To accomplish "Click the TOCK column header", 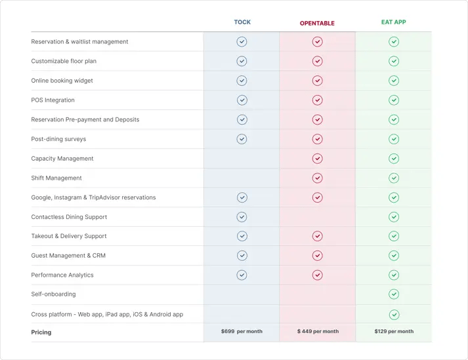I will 242,22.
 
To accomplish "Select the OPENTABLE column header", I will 317,24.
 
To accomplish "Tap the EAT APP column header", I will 394,22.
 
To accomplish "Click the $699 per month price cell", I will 242,332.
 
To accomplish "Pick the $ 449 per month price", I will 318,332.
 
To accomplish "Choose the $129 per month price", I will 394,332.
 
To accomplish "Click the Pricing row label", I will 41,332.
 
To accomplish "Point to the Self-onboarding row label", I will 53,294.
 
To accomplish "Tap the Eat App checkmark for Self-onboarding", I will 394,294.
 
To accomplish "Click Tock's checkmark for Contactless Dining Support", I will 242,217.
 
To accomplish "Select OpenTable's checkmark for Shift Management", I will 318,178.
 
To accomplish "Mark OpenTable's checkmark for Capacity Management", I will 318,159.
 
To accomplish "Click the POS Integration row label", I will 53,100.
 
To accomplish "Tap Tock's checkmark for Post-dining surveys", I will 242,139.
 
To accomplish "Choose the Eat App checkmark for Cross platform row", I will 394,315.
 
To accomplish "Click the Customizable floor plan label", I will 63,62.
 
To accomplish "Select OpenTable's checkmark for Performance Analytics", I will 318,275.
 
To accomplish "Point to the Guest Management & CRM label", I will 68,256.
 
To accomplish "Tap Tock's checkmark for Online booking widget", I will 242,81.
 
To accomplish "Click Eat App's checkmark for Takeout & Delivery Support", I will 394,236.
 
